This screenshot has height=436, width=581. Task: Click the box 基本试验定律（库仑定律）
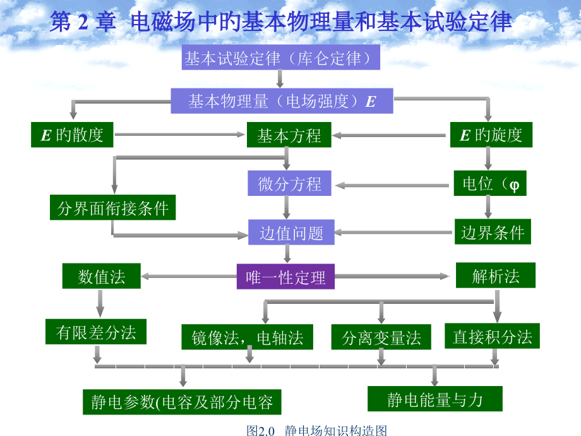[x=281, y=57]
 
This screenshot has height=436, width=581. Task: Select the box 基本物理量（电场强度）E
[x=282, y=101]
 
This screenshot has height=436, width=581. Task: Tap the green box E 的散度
[x=72, y=135]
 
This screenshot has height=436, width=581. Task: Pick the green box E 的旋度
[x=491, y=135]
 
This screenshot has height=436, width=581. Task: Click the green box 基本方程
[x=289, y=135]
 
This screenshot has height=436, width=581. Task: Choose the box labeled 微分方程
[x=289, y=183]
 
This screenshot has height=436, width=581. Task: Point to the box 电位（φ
[x=490, y=183]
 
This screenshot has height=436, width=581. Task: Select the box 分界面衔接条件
[x=112, y=207]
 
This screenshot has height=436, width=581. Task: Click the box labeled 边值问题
[x=291, y=232]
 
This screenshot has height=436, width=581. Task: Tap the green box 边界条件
[x=493, y=232]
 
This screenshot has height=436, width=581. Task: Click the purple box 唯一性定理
[x=285, y=277]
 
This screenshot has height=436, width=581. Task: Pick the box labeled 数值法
[x=102, y=276]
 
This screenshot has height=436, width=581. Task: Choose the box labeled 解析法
[x=495, y=275]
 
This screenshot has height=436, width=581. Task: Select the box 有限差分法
[x=96, y=332]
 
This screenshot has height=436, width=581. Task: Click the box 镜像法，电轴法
[x=247, y=337]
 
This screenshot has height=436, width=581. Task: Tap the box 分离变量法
[x=381, y=337]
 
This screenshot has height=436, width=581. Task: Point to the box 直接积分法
[x=492, y=336]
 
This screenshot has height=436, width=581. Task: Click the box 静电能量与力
[x=435, y=399]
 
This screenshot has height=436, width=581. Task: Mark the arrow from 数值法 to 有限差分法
[x=100, y=304]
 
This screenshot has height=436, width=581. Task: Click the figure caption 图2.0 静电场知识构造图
[x=317, y=430]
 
